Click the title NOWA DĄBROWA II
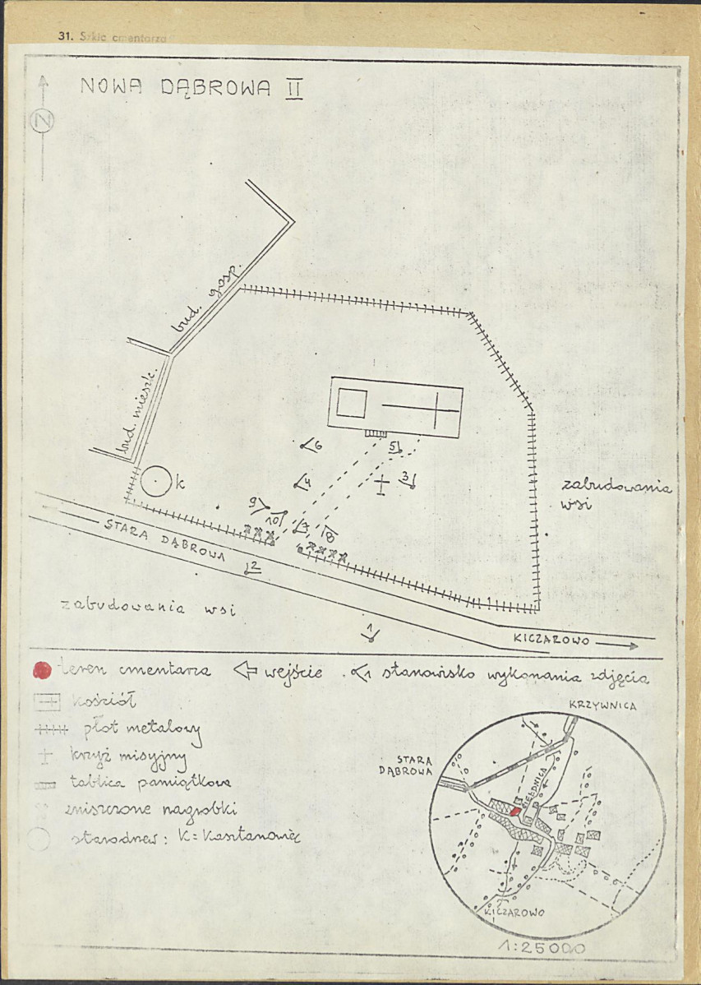191,88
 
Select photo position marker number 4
302,483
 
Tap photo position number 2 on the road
252,567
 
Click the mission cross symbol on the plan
381,484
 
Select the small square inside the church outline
352,403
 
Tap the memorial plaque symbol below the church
376,433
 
